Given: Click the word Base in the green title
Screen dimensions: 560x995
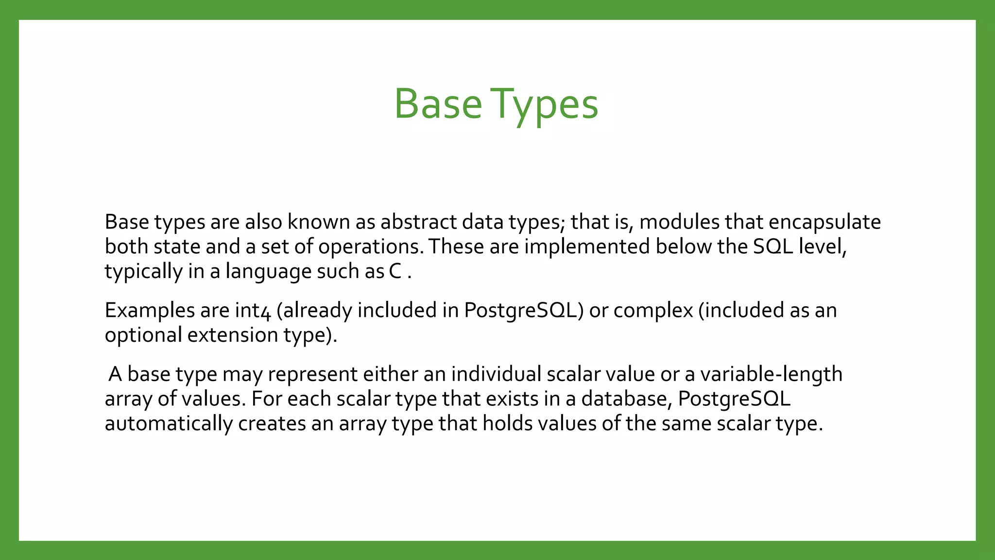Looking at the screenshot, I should pos(437,104).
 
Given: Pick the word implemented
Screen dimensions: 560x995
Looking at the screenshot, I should pos(587,247).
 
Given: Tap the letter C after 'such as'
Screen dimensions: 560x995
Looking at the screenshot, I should pos(395,271).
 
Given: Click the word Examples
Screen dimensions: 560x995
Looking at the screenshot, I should pos(149,311).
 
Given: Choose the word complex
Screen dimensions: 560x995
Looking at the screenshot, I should pos(653,311).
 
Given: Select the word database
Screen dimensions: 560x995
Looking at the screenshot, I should pos(626,399).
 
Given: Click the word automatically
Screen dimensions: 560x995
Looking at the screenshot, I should pos(169,424).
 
